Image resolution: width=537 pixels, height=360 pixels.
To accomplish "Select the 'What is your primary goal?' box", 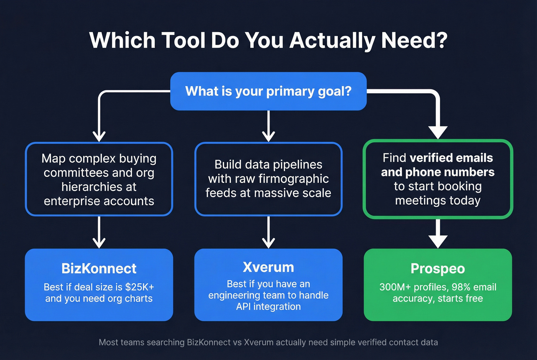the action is (x=268, y=91).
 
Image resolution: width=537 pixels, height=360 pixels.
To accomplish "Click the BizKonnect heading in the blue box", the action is (x=99, y=268).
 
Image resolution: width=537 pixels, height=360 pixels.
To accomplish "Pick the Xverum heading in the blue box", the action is (x=268, y=267).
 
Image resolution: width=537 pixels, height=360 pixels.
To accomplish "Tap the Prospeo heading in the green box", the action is (x=438, y=268).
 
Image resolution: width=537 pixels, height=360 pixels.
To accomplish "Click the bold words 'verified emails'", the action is (x=451, y=158).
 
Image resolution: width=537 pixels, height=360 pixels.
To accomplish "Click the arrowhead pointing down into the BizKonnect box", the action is (x=99, y=243).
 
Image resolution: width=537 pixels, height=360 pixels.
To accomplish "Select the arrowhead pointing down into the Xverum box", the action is (x=268, y=243).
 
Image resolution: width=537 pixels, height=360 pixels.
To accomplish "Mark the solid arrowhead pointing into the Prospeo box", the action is (x=438, y=242).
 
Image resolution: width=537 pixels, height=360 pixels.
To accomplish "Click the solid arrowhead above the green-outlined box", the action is (x=438, y=132).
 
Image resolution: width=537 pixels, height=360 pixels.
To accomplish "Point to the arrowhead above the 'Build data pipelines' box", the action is (x=268, y=136).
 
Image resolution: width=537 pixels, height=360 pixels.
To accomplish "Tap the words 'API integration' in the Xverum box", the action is (x=268, y=307).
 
